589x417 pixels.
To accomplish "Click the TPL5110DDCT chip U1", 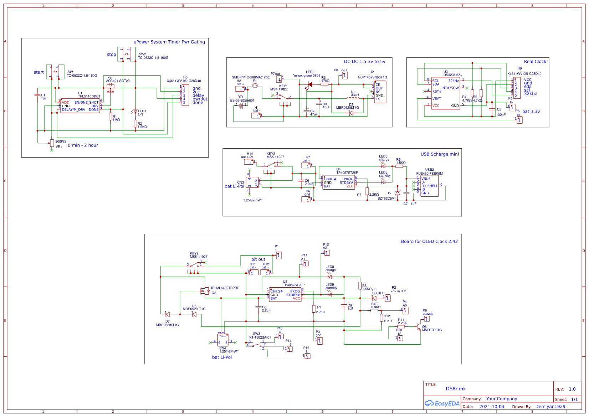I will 80,106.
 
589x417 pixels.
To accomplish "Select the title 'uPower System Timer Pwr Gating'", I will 169,42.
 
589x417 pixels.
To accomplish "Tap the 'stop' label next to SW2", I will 111,55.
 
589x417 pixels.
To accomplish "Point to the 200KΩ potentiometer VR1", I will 52,143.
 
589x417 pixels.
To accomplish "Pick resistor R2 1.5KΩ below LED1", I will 135,123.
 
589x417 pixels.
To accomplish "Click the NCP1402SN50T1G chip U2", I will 380,92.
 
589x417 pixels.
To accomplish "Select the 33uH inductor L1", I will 353,98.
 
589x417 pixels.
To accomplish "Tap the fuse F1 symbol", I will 255,86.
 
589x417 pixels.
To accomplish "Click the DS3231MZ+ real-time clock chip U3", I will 446,93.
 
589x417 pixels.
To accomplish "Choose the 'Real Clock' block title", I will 535,62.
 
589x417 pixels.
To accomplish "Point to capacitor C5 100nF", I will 492,109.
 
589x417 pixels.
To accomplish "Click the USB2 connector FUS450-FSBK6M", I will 429,186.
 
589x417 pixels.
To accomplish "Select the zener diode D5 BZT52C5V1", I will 398,193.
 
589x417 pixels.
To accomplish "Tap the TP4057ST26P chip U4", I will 339,182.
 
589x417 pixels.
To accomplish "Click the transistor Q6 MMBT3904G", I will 419,326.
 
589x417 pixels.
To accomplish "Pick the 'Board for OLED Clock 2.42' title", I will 429,242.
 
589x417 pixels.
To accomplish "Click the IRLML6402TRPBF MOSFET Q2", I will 205,291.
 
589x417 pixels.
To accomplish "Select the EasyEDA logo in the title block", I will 442,403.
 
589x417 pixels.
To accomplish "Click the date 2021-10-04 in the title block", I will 491,407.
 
